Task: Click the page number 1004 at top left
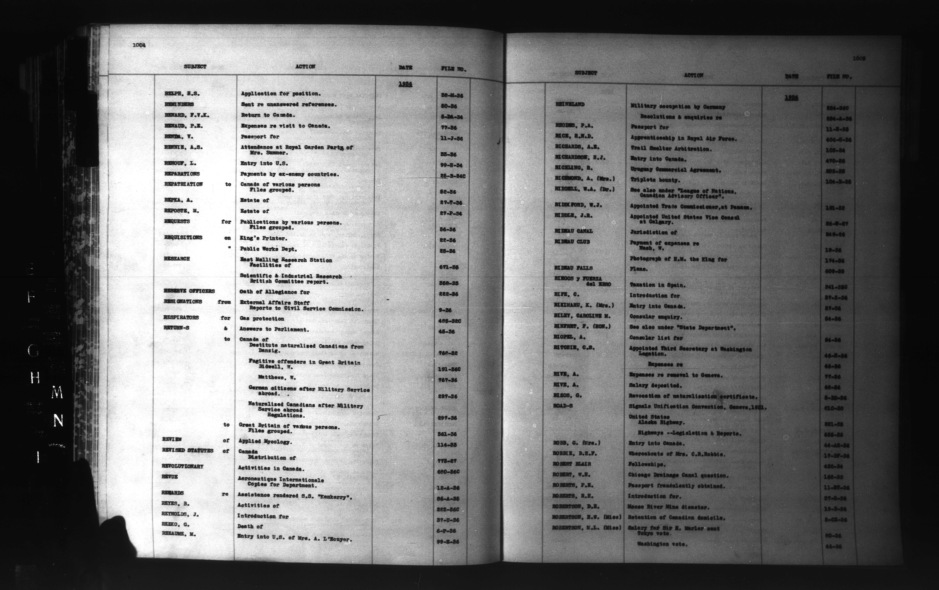tap(139, 45)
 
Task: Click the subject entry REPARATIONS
tap(182, 174)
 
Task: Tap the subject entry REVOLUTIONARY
tap(183, 466)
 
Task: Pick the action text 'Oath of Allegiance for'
tap(275, 292)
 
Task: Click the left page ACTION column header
tap(305, 67)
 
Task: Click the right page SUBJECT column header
tap(586, 73)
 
